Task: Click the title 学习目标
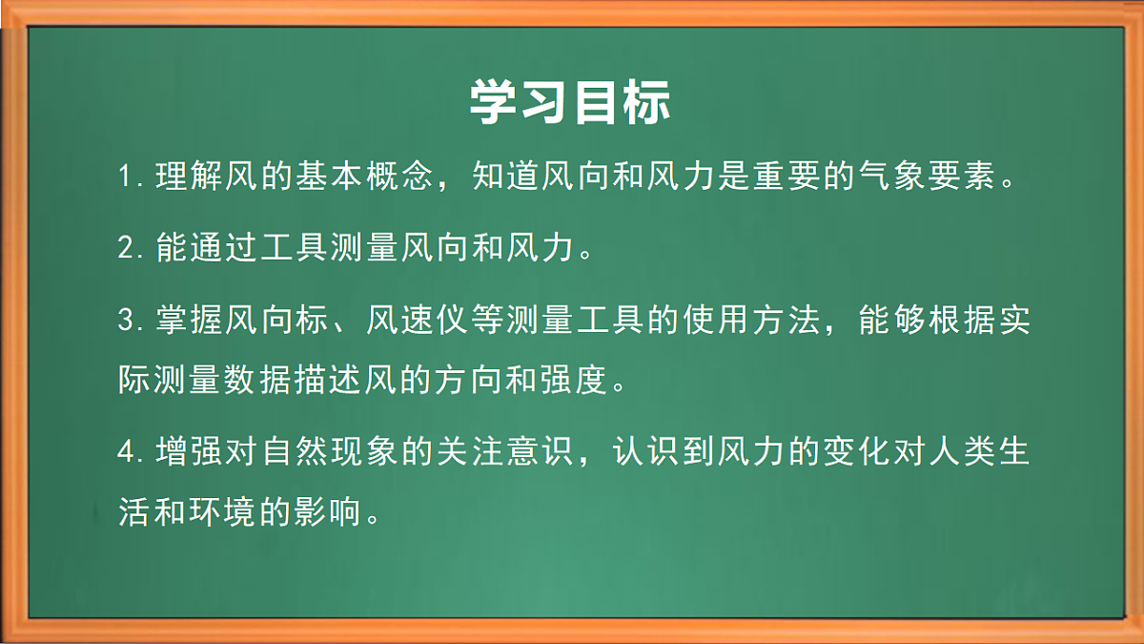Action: tap(570, 103)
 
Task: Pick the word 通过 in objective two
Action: tap(225, 248)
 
